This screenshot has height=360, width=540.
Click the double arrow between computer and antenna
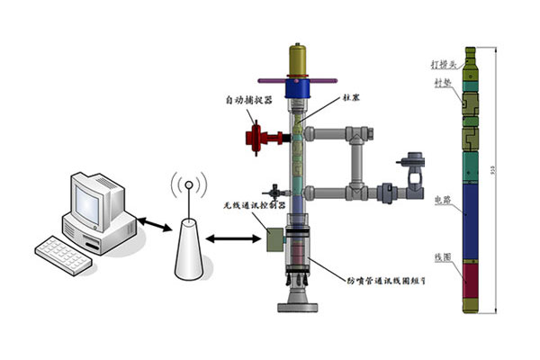point(148,224)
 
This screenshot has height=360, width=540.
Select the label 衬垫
point(445,84)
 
